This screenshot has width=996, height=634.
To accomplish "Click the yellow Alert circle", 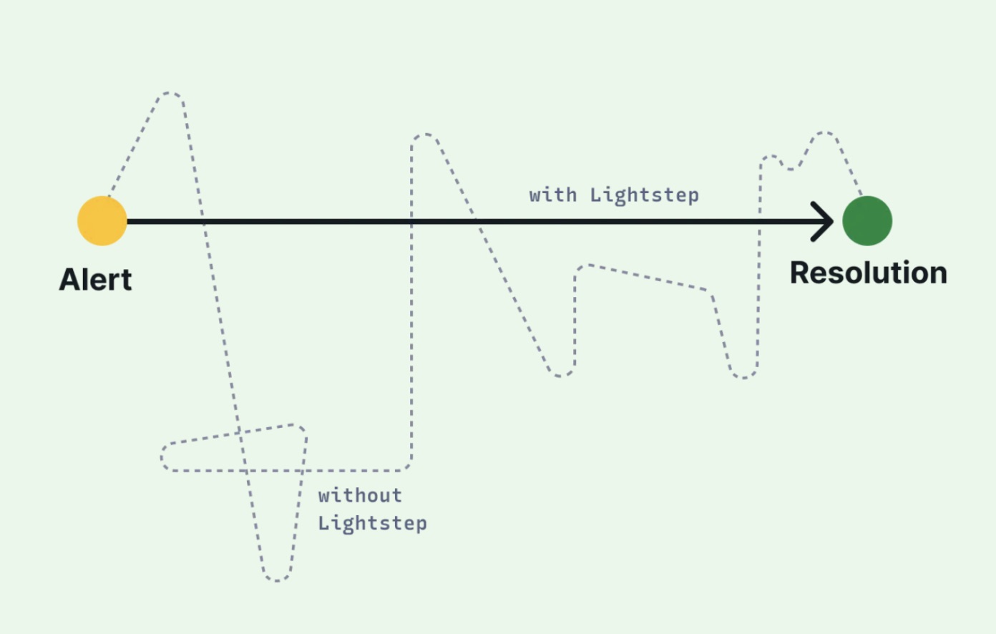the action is point(102,220).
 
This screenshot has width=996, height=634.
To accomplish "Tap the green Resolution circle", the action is point(867,220).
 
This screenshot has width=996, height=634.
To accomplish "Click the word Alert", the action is point(96,280).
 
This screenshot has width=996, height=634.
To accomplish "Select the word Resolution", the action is point(869,273).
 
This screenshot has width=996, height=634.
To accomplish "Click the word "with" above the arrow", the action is point(553,195).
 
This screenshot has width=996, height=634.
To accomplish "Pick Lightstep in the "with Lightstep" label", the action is point(644,195).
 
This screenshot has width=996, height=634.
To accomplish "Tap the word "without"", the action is point(360,496).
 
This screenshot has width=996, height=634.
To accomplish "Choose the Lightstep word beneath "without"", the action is point(373,523).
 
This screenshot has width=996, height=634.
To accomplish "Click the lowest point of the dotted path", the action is point(277,580).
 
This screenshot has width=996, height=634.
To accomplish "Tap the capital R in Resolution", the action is point(801,273).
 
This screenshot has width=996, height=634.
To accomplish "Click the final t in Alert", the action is point(126,281).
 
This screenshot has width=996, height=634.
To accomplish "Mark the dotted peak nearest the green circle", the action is point(824,132).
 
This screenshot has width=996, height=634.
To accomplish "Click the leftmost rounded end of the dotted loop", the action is point(162,457).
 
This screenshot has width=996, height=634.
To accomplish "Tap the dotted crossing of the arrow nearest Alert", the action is point(202,221).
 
